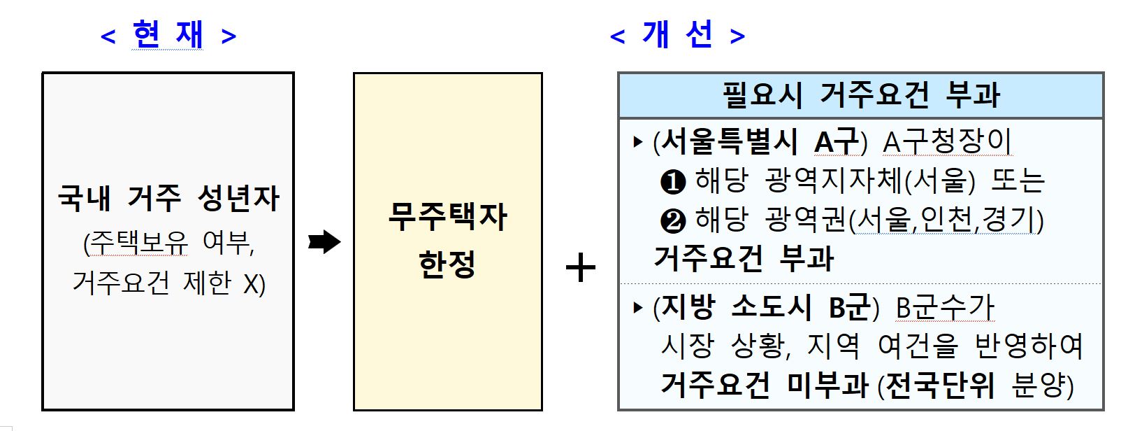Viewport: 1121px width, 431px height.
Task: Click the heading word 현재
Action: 168,34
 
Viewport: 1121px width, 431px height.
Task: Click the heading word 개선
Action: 677,34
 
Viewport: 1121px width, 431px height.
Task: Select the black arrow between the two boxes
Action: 324,242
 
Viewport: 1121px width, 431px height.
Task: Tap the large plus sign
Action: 580,268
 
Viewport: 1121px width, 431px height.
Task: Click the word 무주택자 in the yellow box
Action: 448,216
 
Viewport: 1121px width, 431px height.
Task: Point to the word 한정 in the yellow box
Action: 447,264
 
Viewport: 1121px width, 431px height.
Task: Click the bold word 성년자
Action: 239,198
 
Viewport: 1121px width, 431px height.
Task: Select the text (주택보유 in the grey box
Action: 136,243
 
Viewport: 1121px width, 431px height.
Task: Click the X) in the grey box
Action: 254,283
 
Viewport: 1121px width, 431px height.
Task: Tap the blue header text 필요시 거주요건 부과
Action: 861,94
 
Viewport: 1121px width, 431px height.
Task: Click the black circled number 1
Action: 673,182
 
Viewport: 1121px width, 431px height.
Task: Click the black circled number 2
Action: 673,221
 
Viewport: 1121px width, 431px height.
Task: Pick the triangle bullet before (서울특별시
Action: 637,142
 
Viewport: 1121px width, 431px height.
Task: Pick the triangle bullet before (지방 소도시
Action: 637,307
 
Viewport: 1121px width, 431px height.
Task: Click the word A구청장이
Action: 947,142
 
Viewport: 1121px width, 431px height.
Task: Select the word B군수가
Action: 945,307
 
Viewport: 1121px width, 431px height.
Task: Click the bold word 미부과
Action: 827,384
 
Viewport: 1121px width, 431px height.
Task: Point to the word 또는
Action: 1018,181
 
